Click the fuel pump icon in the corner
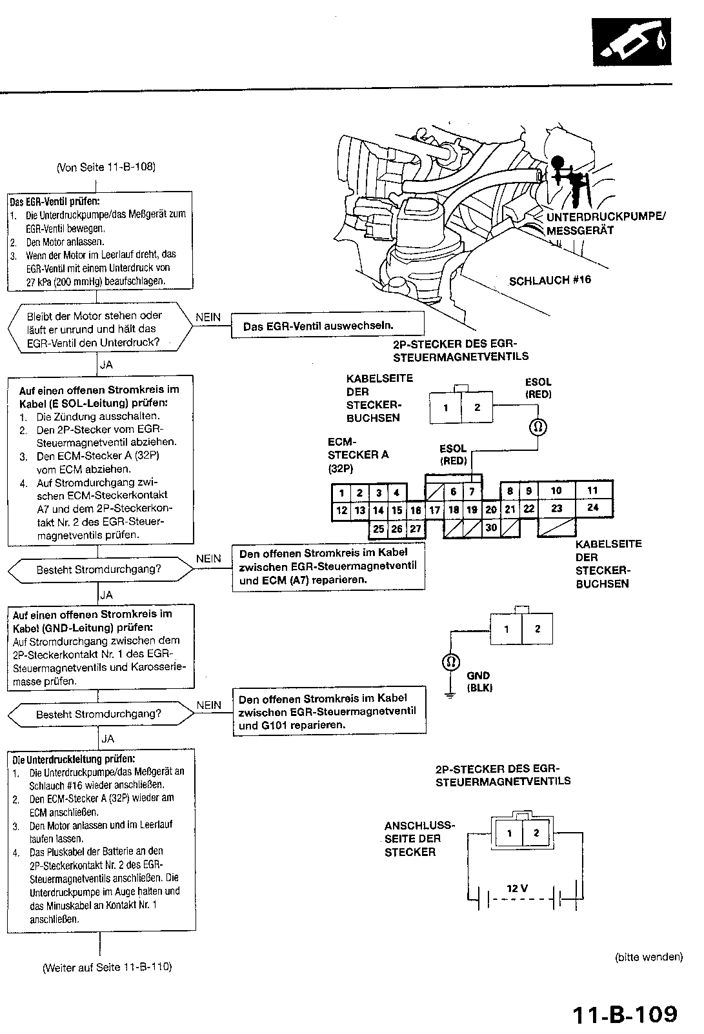click(632, 42)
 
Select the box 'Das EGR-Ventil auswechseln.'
click(327, 326)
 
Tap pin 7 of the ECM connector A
click(472, 492)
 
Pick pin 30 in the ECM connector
click(490, 528)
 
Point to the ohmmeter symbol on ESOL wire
click(538, 426)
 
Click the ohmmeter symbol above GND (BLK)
click(451, 662)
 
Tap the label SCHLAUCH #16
click(550, 281)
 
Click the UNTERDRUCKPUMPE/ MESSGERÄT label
click(605, 223)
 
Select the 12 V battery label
click(517, 888)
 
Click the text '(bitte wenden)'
click(649, 957)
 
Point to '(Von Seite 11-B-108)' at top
click(106, 167)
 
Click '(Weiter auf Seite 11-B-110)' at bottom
click(107, 967)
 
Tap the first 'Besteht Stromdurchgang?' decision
click(99, 570)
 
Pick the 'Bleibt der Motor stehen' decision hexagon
click(98, 329)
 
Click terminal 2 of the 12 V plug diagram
click(536, 833)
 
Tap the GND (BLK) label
click(479, 682)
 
